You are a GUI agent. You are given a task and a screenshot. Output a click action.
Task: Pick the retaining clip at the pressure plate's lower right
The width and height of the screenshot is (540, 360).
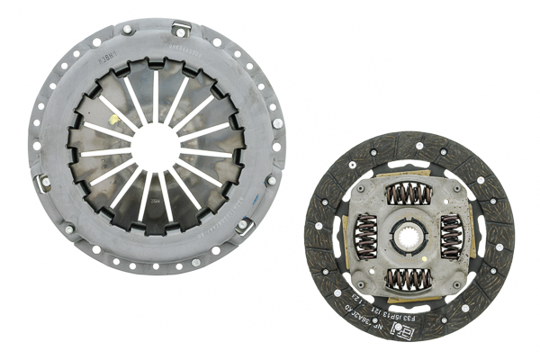(x=243, y=225)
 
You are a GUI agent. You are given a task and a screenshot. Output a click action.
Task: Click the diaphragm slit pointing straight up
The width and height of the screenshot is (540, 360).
(x=155, y=94)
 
